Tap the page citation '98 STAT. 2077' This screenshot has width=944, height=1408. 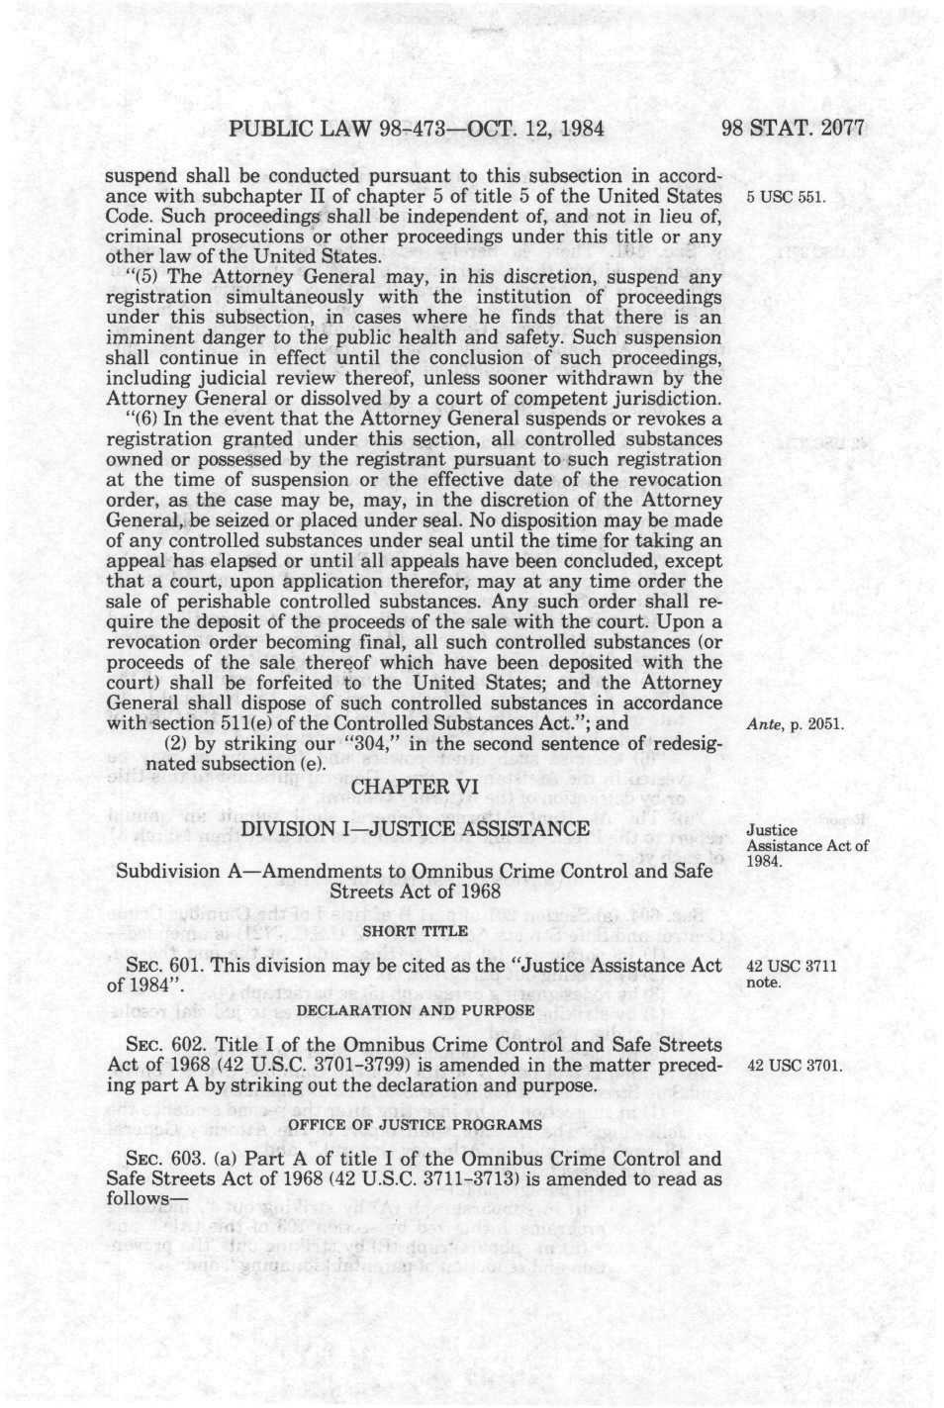(x=793, y=128)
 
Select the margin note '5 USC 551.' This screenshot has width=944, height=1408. (x=786, y=197)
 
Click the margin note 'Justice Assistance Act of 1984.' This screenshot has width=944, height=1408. (x=806, y=845)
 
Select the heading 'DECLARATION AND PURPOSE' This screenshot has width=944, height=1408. (x=416, y=1010)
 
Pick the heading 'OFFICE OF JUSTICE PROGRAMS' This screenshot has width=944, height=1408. (x=416, y=1124)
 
